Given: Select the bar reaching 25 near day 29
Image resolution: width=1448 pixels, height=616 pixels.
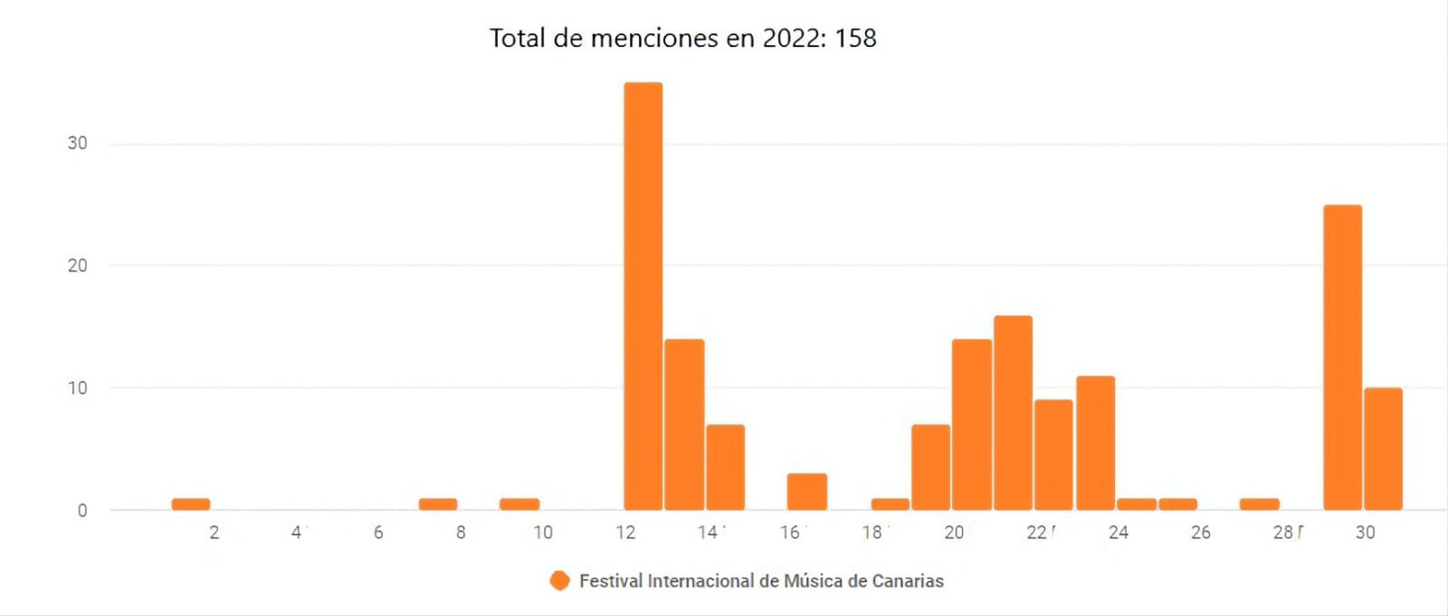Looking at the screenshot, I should tap(1342, 357).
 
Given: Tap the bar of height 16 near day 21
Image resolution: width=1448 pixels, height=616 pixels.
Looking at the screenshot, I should tap(1013, 412).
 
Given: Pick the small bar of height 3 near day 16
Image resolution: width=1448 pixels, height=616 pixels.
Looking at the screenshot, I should tap(806, 491).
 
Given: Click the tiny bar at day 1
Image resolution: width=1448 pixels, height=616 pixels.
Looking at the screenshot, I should tap(191, 504).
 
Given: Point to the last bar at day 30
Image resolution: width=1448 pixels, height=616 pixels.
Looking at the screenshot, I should tap(1383, 449).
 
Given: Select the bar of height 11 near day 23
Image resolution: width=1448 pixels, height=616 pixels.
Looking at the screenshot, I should tap(1095, 442).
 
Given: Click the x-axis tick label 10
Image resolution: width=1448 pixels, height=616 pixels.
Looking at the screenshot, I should tap(542, 533).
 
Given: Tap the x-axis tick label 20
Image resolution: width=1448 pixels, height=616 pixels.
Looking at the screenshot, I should tap(954, 533).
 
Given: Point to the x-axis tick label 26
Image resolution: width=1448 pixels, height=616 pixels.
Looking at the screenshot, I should tap(1200, 533).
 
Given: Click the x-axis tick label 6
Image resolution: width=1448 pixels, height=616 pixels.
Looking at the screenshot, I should tap(378, 533).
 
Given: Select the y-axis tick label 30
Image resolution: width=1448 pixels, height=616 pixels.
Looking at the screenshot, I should tap(78, 143).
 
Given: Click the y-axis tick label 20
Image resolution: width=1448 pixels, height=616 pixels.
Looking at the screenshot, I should tap(78, 265).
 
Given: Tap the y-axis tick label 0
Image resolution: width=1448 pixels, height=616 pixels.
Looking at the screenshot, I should tap(82, 510).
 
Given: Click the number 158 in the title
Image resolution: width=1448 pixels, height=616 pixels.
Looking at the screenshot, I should tap(855, 38).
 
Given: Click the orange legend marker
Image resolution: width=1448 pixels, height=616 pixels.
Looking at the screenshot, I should tap(559, 581).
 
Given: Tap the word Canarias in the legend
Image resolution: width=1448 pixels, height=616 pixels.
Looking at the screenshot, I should tap(908, 581).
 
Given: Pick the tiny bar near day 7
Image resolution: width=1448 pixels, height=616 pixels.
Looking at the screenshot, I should tap(437, 504).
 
